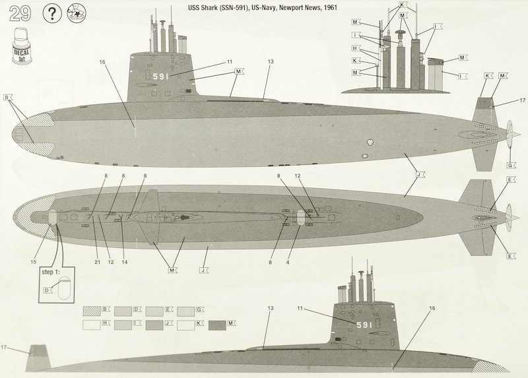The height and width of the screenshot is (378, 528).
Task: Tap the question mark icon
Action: [53, 14]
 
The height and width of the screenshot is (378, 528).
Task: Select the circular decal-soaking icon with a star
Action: [82, 14]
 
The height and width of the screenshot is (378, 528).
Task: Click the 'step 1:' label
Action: [51, 271]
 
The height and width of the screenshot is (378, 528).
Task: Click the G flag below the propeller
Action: [510, 164]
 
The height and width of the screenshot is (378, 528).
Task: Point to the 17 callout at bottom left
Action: [4, 347]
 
